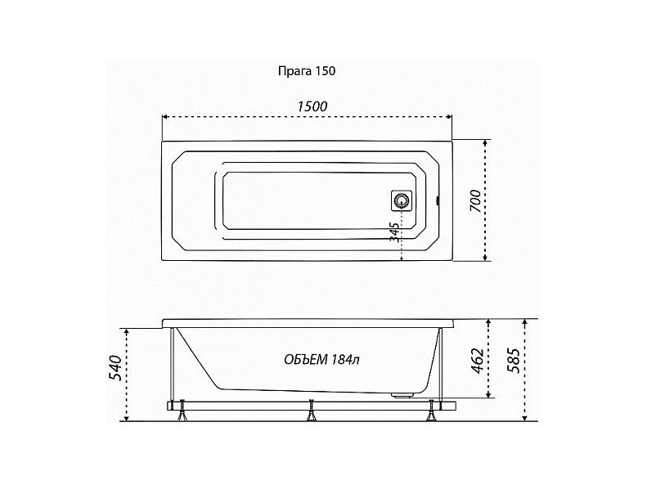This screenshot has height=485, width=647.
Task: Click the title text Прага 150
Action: click(x=307, y=71)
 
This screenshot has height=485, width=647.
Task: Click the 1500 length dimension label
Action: click(x=312, y=106)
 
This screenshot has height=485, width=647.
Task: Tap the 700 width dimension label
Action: click(x=475, y=201)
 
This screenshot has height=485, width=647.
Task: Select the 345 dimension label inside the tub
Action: click(x=394, y=232)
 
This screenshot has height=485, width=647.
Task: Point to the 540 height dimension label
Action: click(x=115, y=367)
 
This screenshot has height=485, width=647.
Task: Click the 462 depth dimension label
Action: click(x=478, y=361)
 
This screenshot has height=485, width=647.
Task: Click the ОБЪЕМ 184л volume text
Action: click(x=321, y=360)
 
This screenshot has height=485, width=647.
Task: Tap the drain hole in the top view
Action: click(x=401, y=201)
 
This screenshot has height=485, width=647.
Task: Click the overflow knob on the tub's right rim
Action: click(x=438, y=202)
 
